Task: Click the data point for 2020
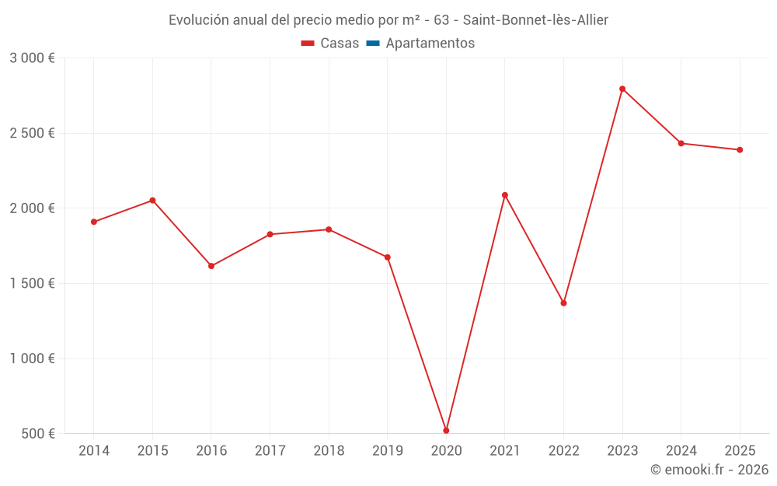tap(446, 430)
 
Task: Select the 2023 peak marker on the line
tap(622, 89)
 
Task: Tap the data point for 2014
tap(94, 222)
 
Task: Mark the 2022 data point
tap(563, 302)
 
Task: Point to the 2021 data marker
tap(505, 195)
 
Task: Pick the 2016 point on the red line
tap(211, 266)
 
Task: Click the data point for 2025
tap(740, 150)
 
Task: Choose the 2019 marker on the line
tap(388, 257)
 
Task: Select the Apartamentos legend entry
tap(430, 44)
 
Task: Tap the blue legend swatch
tap(372, 44)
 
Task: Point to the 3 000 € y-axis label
tap(32, 58)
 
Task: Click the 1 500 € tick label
tap(32, 284)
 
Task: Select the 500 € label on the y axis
tap(37, 434)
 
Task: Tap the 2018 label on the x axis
tap(329, 451)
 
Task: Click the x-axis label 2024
tap(681, 451)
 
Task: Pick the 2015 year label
tap(152, 451)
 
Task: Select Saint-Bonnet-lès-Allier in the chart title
tap(535, 20)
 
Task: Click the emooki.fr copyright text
tap(709, 470)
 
